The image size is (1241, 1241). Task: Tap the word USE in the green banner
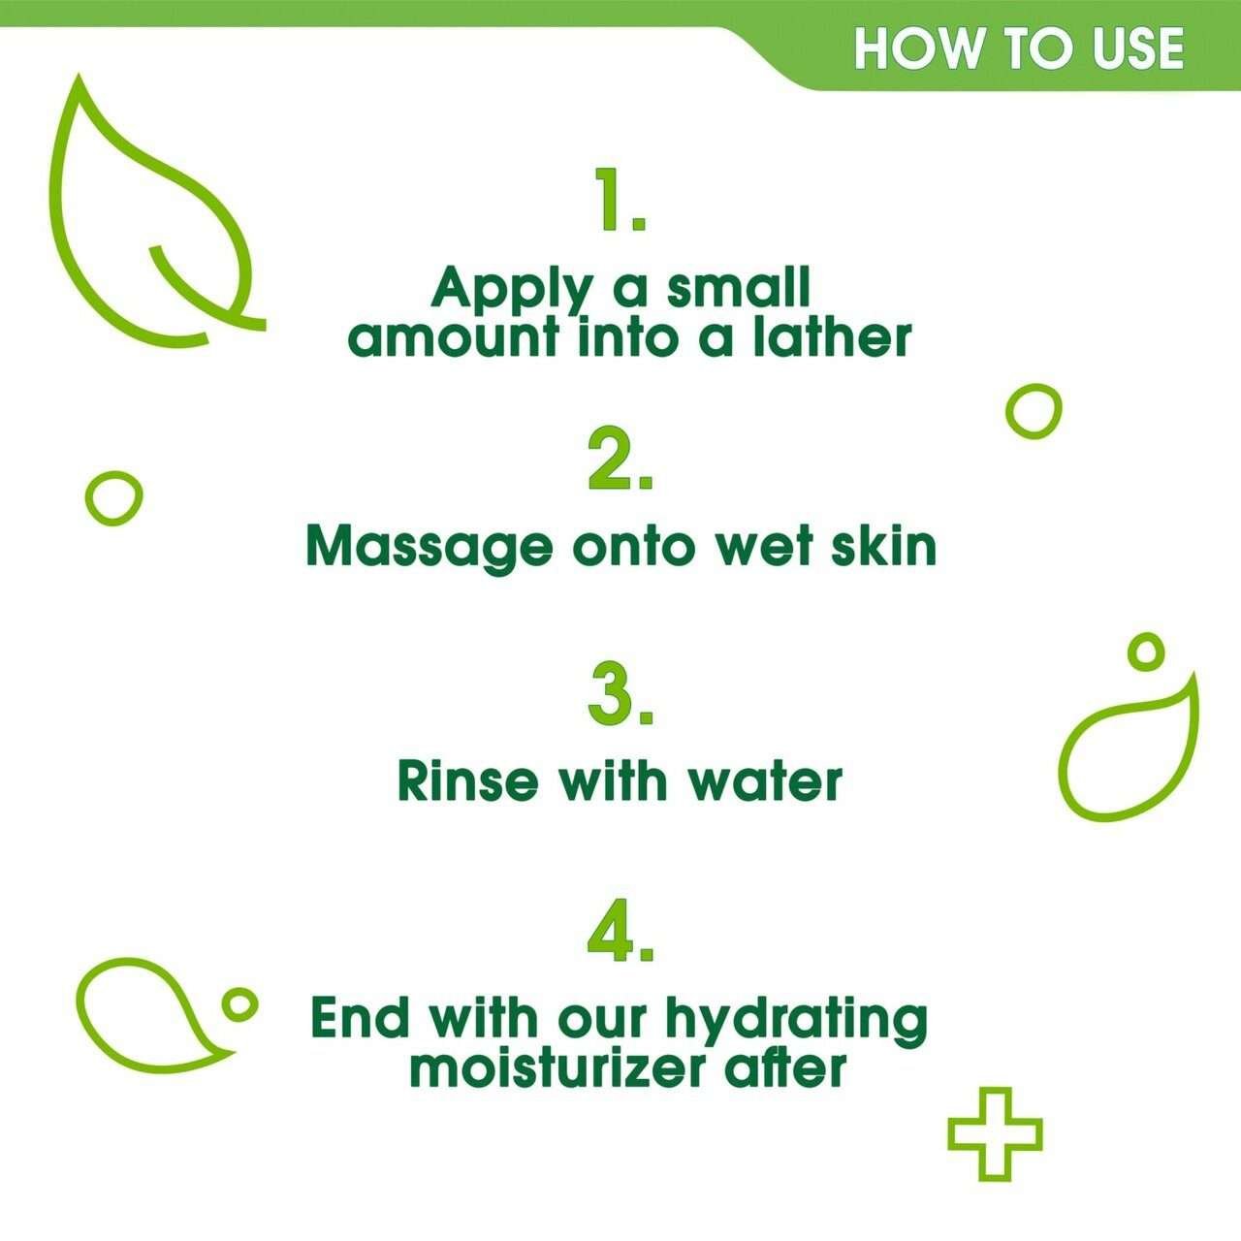pos(1138,48)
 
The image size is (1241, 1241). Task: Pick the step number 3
pos(620,694)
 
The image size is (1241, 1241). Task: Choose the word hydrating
pos(797,1020)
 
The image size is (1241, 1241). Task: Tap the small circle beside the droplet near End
pos(238,1003)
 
